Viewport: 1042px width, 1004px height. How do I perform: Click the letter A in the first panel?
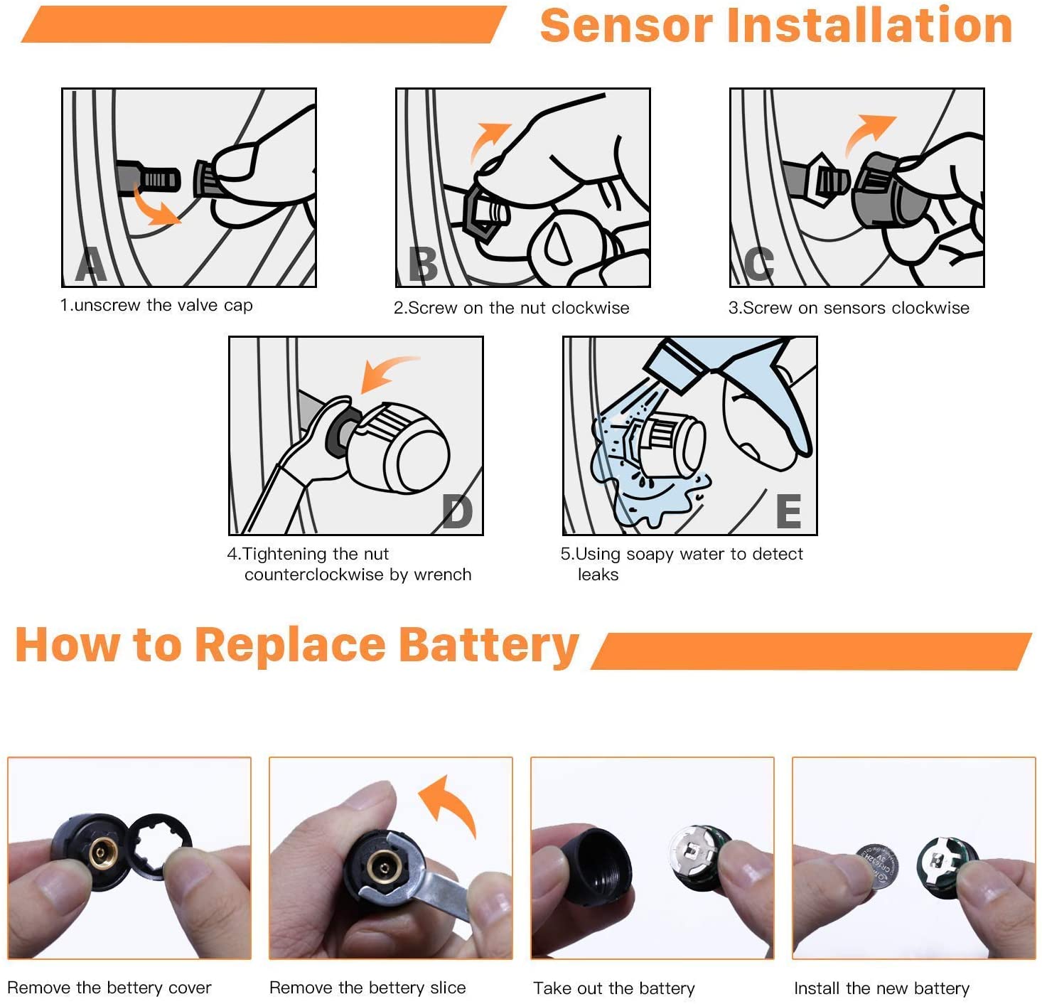coord(91,264)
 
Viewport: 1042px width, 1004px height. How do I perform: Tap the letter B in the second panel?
coord(422,264)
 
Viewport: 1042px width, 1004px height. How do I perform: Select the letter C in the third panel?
coord(758,264)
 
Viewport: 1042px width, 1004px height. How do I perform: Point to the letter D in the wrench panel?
coord(457,512)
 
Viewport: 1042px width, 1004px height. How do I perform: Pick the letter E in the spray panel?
coord(789,512)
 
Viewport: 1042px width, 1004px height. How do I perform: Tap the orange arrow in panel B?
coord(488,140)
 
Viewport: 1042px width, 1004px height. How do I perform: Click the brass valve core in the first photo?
coord(102,853)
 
